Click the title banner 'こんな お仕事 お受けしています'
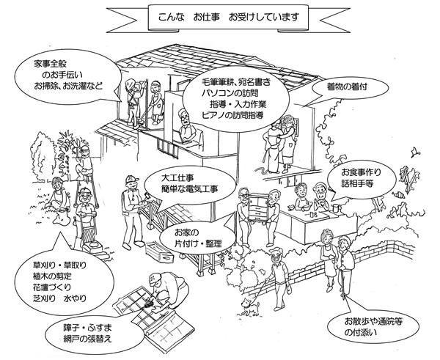click(x=220, y=17)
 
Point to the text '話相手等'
click(x=356, y=184)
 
